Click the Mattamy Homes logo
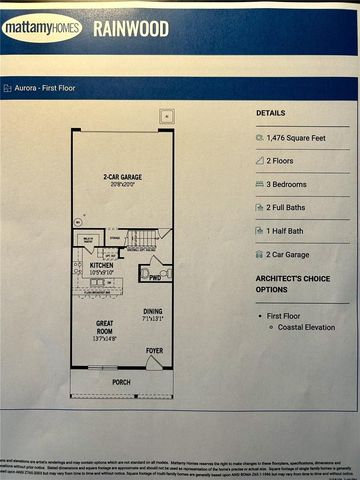(42, 28)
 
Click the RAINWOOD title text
(132, 28)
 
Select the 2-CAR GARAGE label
(123, 179)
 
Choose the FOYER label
(154, 351)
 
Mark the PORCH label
(121, 381)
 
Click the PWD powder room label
(155, 279)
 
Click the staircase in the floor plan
(146, 238)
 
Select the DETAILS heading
(270, 114)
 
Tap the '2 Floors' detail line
(284, 161)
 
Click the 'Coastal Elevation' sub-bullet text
(307, 327)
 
